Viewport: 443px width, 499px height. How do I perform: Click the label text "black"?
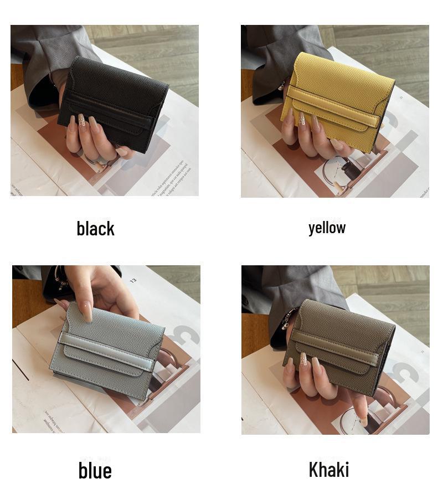click(x=95, y=228)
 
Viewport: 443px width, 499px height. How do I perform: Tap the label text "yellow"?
click(x=327, y=227)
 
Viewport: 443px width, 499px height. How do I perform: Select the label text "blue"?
click(x=95, y=470)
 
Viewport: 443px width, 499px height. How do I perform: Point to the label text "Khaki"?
click(x=328, y=470)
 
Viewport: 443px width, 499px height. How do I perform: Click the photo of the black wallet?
click(x=105, y=110)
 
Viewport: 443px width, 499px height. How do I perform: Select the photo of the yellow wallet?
click(x=334, y=111)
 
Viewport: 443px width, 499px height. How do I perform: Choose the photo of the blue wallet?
click(x=106, y=349)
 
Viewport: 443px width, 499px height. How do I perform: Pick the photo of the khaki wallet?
click(x=335, y=350)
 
